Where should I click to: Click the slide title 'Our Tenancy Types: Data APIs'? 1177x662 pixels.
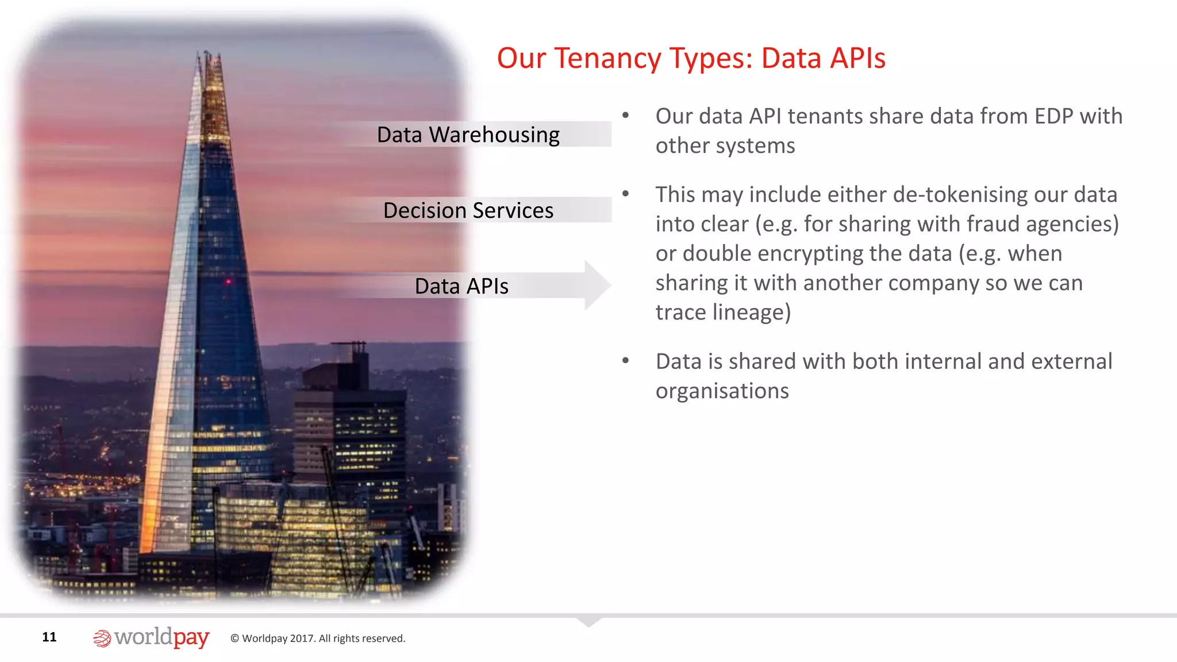pos(691,59)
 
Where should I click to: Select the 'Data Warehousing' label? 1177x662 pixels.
pos(468,135)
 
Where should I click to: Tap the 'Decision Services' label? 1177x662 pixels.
pos(468,211)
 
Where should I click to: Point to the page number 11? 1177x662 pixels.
pos(49,637)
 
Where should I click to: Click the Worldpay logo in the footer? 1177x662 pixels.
pos(151,637)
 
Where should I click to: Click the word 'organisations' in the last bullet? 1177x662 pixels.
pos(722,391)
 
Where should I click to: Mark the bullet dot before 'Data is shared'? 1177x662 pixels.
pos(625,361)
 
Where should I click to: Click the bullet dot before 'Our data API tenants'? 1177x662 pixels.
pos(625,116)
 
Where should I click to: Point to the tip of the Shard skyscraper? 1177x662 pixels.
pos(207,53)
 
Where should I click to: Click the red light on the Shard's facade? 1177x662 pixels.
pos(228,282)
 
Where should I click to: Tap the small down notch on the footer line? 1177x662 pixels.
pos(588,621)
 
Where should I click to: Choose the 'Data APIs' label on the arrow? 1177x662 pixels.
pos(461,286)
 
